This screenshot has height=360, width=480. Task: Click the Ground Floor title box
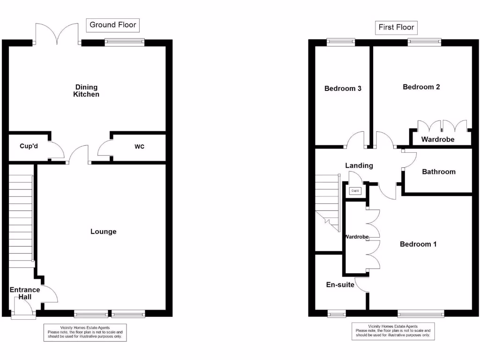[113, 25]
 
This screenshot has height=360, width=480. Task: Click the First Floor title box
[397, 28]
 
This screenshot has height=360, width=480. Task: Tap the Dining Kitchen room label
[86, 90]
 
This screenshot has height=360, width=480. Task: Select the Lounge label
[103, 232]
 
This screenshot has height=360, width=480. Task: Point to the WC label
[139, 147]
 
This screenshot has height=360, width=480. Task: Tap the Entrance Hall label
[25, 293]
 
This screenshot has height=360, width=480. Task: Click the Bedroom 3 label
[343, 88]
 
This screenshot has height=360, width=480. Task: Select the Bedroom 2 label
[421, 87]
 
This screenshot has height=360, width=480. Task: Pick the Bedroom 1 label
[418, 244]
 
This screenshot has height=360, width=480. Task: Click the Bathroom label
[438, 172]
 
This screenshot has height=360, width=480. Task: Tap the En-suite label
[340, 285]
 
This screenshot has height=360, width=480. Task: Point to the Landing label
[359, 165]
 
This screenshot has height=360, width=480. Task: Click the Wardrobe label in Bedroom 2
[438, 139]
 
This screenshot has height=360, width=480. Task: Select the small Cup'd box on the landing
[355, 191]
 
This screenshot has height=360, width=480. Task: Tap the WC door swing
[104, 149]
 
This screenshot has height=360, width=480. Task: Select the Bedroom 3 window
[341, 42]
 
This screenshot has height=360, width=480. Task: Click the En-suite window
[336, 314]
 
